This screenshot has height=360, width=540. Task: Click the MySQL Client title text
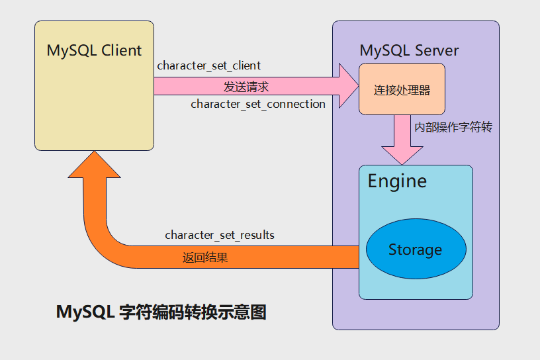(x=94, y=50)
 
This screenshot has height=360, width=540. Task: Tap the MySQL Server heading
(x=409, y=51)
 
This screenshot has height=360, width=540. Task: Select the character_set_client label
(x=208, y=66)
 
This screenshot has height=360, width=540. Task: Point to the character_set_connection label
(x=258, y=104)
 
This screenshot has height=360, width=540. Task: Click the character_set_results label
(x=220, y=235)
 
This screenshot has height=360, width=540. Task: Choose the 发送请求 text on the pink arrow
(x=246, y=87)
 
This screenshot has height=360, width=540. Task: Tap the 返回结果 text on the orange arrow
(x=205, y=258)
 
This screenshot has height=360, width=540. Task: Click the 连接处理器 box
(x=402, y=89)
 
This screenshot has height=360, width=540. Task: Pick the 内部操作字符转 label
(x=453, y=127)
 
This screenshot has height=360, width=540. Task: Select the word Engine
(x=397, y=181)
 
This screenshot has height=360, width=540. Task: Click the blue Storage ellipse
(x=416, y=249)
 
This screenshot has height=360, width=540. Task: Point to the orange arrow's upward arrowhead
(x=95, y=165)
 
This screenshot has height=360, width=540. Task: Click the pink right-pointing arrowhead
(x=347, y=86)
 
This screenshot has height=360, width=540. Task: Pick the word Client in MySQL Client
(x=122, y=50)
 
